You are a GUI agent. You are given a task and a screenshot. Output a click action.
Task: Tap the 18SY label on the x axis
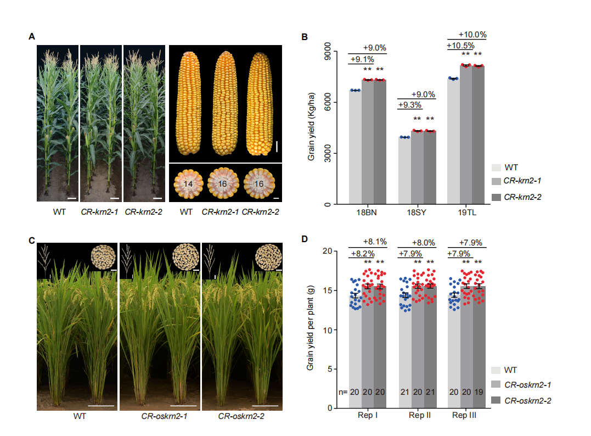pos(416,213)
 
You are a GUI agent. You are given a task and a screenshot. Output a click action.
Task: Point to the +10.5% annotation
pos(459,46)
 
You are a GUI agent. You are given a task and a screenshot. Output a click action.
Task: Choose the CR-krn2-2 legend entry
pos(526,197)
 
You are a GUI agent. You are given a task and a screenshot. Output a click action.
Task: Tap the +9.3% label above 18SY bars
pos(410,104)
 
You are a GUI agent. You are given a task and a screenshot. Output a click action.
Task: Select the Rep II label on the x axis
pos(420,416)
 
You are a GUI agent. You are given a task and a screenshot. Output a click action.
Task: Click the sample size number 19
pos(478,393)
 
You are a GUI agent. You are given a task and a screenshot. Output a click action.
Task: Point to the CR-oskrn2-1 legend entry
pos(527,385)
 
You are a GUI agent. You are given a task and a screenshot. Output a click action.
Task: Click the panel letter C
pos(32,241)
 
